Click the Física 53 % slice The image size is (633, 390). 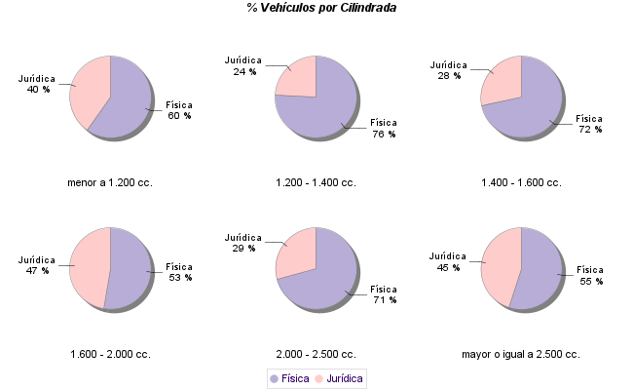point(130,273)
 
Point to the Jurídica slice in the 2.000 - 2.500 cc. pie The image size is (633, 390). point(298,252)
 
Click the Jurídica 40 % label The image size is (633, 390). point(37,84)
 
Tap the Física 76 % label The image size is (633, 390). point(383,128)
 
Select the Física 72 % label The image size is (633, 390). point(589,123)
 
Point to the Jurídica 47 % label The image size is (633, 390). point(37,265)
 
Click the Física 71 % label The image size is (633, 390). point(383,294)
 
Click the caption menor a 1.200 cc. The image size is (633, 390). point(110,182)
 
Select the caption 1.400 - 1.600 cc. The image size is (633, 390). point(521,182)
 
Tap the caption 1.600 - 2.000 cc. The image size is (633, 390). point(110,354)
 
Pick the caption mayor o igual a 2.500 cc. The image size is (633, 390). point(521,354)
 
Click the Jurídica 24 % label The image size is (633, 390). point(243,65)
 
